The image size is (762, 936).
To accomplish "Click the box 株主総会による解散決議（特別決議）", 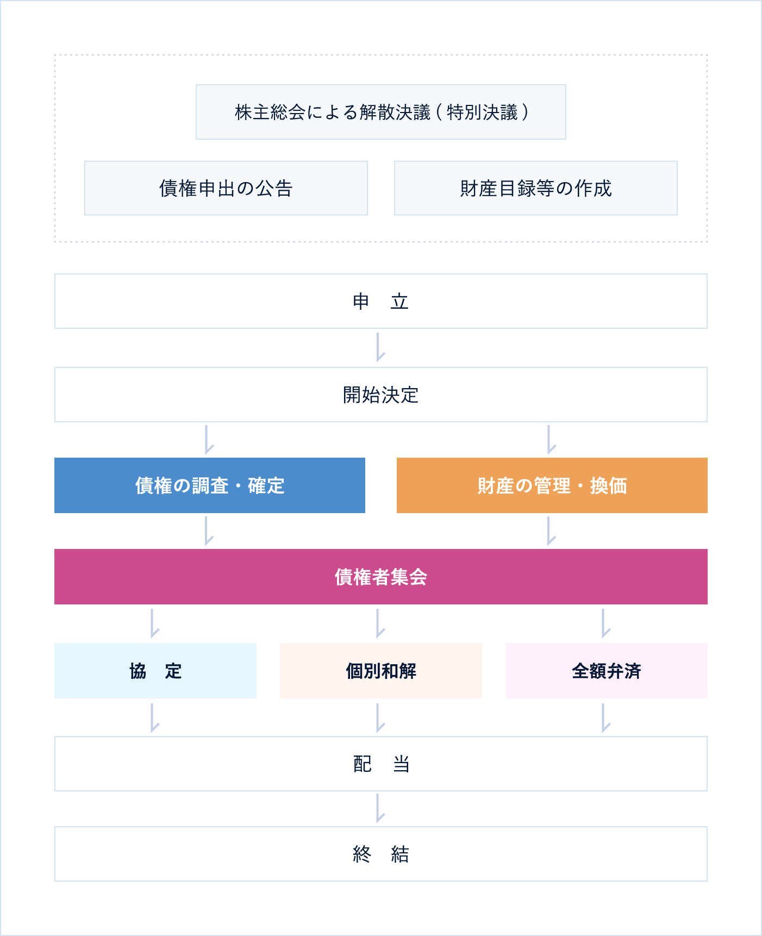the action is (x=381, y=112).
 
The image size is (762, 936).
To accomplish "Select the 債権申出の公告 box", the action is (x=226, y=188).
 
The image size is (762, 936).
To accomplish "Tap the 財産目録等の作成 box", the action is (x=536, y=188).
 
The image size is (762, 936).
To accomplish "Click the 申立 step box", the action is (x=381, y=301).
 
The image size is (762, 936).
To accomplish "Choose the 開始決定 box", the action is (x=381, y=395).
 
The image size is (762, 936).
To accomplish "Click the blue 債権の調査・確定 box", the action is (x=210, y=485).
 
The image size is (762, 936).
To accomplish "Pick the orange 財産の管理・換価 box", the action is (x=552, y=485).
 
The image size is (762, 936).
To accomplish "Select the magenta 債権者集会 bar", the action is (x=381, y=577).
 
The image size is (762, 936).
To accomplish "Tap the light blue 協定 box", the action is (x=155, y=671).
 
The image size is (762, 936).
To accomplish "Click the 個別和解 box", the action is (x=381, y=671).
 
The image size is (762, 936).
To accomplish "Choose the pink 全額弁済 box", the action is (x=607, y=671).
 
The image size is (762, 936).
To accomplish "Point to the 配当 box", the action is (x=381, y=764).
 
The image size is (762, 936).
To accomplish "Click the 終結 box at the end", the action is (x=381, y=854).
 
